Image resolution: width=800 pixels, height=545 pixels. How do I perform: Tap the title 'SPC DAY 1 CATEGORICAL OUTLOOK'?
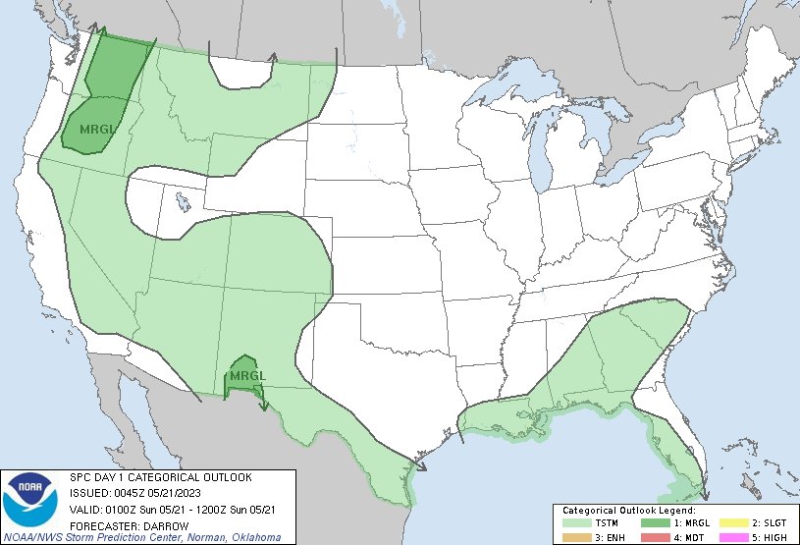pos(160,477)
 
